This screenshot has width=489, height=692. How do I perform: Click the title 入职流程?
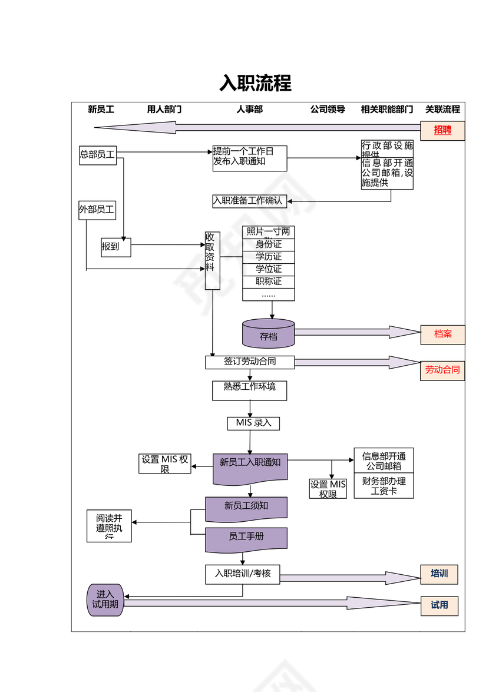tap(255, 83)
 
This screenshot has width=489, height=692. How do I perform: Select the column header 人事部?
tap(249, 109)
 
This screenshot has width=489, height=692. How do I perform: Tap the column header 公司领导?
tap(328, 109)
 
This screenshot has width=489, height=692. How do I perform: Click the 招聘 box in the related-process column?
tap(442, 130)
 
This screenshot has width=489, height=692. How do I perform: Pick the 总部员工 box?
tap(98, 155)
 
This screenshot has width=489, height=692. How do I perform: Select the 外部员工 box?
tap(97, 209)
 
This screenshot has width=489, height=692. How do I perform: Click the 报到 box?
tap(115, 247)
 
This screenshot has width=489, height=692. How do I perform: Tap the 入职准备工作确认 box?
tap(249, 201)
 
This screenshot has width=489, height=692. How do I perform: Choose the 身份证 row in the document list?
tap(268, 244)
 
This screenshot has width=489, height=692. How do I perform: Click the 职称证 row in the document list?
tap(268, 282)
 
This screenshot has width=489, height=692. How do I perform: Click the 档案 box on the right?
tap(442, 335)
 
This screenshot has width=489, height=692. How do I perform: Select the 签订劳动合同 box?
tap(249, 362)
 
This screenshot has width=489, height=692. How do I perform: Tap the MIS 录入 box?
tap(253, 423)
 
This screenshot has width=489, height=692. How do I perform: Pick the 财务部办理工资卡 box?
tap(384, 486)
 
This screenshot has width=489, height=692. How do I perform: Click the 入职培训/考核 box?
tap(243, 574)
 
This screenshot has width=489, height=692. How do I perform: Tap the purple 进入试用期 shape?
tap(105, 600)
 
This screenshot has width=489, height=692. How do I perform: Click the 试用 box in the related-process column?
tap(439, 605)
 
